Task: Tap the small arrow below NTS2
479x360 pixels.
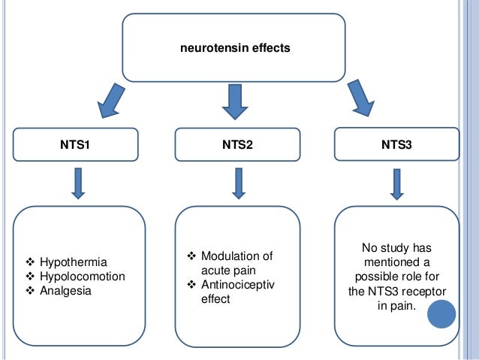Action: [239, 184]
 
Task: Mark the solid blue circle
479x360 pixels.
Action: [441, 316]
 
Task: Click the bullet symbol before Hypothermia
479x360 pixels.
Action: [31, 262]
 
